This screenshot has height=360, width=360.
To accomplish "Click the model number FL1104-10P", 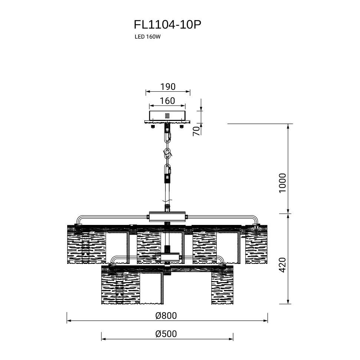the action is pyautogui.click(x=167, y=24).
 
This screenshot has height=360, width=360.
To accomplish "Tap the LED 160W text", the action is pyautogui.click(x=147, y=37).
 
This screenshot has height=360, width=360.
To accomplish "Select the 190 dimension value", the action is pyautogui.click(x=168, y=86).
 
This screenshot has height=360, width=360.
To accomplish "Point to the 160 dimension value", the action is pyautogui.click(x=167, y=101).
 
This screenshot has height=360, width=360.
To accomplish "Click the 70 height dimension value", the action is pyautogui.click(x=197, y=131).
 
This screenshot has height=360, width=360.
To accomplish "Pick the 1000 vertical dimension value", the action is pyautogui.click(x=283, y=183).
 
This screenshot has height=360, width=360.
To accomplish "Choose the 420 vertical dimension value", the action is pyautogui.click(x=283, y=265).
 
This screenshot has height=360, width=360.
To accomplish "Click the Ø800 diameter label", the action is pyautogui.click(x=166, y=316).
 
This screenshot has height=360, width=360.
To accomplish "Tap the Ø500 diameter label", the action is pyautogui.click(x=166, y=334).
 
